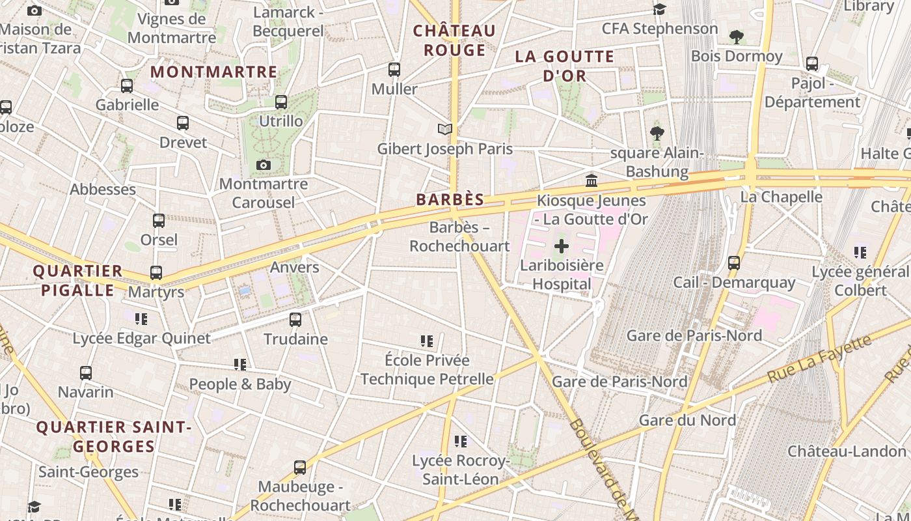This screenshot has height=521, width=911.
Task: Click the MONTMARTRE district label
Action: (214, 72)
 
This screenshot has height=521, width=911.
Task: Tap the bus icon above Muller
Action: (394, 70)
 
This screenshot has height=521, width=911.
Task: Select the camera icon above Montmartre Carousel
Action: (264, 165)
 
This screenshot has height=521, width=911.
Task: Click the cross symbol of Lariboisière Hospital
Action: (561, 246)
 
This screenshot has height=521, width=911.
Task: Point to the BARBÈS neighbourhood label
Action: (450, 200)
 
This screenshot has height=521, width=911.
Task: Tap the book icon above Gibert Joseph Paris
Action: (445, 130)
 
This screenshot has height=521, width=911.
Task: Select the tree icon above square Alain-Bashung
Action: (657, 134)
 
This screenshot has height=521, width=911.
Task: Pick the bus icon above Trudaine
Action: (295, 319)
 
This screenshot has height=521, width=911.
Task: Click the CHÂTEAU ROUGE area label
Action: (454, 40)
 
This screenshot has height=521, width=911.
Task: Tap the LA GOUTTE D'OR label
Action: (565, 66)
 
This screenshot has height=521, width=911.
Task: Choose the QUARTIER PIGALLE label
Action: (77, 280)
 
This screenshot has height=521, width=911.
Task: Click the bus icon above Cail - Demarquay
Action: (734, 263)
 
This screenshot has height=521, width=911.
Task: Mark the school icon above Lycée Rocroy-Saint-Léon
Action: (461, 442)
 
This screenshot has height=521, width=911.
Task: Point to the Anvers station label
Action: (295, 267)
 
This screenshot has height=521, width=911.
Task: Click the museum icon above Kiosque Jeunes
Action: (591, 180)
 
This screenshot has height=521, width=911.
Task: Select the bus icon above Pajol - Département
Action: (812, 64)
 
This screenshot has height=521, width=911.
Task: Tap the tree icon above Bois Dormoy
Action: (737, 36)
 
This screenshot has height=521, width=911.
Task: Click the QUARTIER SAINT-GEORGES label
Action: (114, 437)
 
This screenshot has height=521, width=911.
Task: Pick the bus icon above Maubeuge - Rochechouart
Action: (300, 467)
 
